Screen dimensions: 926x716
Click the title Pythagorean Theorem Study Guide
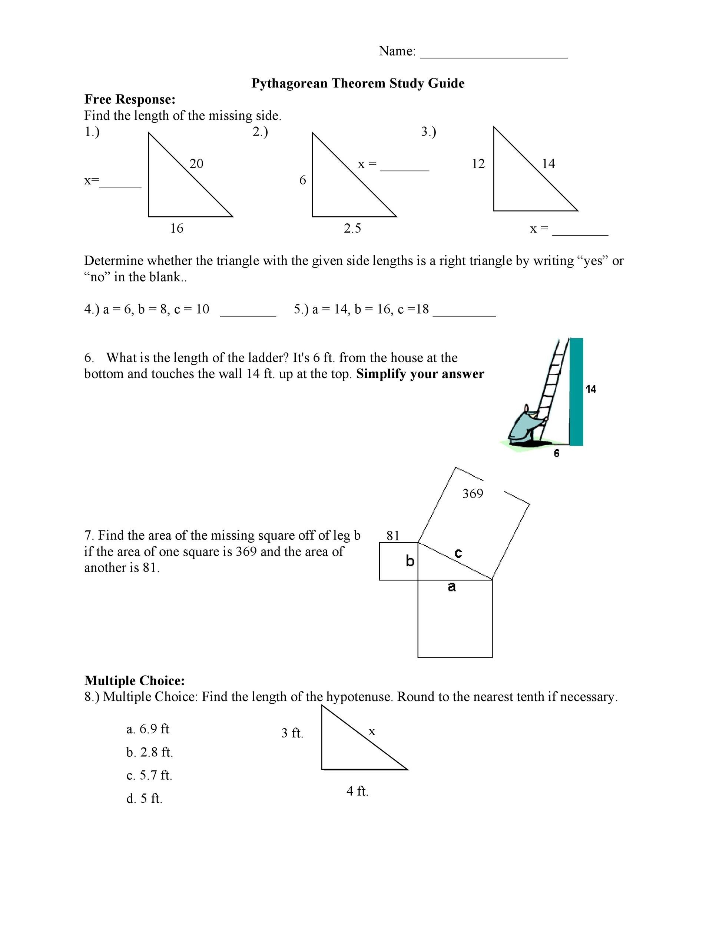click(x=358, y=83)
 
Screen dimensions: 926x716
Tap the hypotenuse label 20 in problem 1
click(x=196, y=164)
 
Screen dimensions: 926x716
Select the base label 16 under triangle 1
click(x=176, y=229)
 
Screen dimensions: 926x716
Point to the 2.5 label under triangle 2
click(x=352, y=229)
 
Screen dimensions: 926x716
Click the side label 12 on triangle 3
click(x=478, y=164)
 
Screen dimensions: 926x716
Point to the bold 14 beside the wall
click(x=590, y=389)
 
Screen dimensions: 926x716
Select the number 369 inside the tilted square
click(x=473, y=493)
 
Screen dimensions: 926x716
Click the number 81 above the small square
click(x=393, y=536)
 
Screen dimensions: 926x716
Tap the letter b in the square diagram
click(x=410, y=561)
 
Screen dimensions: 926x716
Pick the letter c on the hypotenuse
click(x=458, y=553)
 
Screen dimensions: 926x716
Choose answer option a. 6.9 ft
click(x=147, y=729)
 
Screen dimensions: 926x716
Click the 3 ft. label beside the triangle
click(x=292, y=733)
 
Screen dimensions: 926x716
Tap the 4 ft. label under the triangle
click(x=357, y=791)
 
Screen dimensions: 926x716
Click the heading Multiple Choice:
click(x=135, y=680)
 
